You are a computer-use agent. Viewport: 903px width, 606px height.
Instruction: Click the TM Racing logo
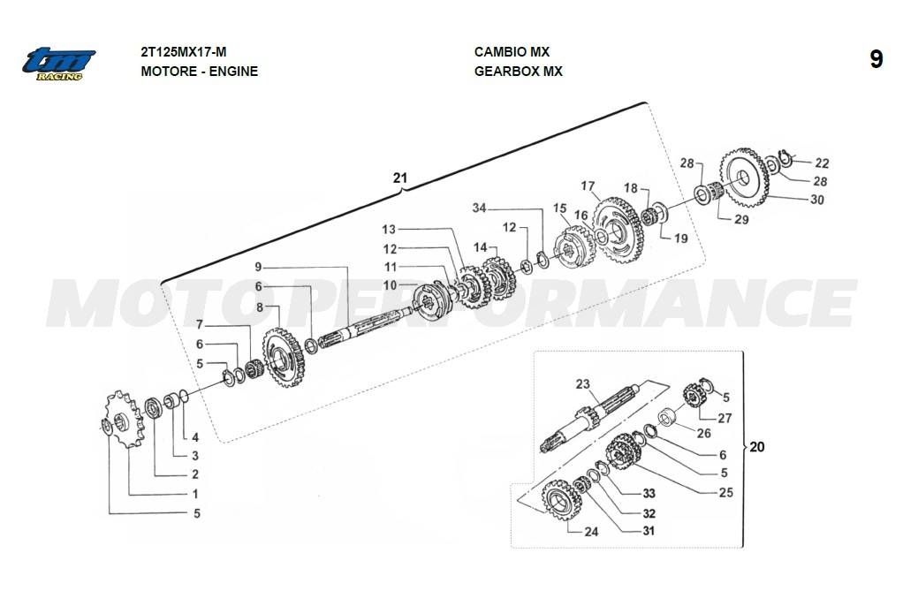coord(59,64)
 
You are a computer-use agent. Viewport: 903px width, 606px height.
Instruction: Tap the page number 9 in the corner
coord(876,59)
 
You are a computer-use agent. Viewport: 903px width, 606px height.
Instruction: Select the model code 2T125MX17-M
coord(189,52)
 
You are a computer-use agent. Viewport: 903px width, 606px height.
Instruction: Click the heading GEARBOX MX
coord(518,72)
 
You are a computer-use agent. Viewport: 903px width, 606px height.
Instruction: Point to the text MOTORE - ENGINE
coord(199,72)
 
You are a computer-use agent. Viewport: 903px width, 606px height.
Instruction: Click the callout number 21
coord(400,178)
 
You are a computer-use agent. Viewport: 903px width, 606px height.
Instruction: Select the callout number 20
coord(757,447)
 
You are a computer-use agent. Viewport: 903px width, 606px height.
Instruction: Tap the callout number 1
coord(194,495)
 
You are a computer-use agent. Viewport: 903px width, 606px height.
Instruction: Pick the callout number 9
coord(258,267)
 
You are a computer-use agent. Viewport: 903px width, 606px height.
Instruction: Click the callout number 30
coord(816,200)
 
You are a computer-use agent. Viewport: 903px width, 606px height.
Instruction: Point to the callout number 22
coord(822,163)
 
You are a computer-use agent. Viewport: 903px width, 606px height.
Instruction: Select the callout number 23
coord(582,384)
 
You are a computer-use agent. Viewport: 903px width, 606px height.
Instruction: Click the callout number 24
coord(591,532)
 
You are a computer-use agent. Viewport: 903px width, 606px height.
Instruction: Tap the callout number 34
coord(479,208)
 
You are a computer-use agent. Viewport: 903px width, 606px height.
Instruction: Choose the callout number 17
coord(588,186)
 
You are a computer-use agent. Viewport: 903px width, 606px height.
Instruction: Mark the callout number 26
coord(704,433)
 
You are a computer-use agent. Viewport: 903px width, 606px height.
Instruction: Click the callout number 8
coord(260,307)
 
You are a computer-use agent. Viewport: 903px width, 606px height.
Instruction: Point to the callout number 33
coord(649,493)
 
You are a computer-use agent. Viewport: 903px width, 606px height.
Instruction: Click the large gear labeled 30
coord(743,174)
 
